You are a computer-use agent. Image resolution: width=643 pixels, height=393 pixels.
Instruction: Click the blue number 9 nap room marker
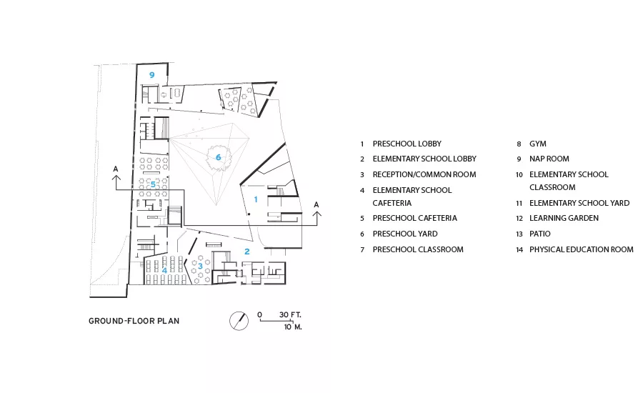[151, 75]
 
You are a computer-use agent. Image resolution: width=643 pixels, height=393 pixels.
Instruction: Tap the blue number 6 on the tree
[218, 157]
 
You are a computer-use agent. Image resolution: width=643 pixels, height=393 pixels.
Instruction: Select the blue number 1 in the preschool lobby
[256, 199]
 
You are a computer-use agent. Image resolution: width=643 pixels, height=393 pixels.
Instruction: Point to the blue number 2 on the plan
[247, 252]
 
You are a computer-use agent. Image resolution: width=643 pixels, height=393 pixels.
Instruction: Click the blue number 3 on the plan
[200, 266]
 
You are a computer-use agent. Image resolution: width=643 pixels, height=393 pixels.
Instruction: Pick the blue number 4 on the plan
[164, 270]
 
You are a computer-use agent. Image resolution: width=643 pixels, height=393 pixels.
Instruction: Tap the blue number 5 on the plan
[153, 184]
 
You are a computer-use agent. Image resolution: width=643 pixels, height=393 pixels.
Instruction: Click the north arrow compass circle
[239, 321]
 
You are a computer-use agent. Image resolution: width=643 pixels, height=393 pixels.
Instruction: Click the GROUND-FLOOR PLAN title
[134, 322]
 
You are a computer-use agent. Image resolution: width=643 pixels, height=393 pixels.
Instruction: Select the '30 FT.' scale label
[290, 314]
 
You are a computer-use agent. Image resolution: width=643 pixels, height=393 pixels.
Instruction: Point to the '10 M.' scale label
[293, 327]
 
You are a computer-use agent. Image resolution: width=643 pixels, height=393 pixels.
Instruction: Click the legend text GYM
[537, 144]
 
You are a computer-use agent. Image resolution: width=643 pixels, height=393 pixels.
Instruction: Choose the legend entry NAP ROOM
[549, 159]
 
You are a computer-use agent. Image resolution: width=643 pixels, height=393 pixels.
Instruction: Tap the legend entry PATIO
[539, 234]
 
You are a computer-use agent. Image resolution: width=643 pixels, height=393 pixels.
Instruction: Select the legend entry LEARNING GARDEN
[564, 218]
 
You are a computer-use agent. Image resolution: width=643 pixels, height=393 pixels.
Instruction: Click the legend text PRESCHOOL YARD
[405, 234]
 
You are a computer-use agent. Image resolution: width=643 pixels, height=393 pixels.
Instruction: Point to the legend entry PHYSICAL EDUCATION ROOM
[582, 249]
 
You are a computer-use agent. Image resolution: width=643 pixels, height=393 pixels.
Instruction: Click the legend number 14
[519, 250]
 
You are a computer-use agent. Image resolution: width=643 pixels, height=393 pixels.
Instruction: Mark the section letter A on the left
[116, 169]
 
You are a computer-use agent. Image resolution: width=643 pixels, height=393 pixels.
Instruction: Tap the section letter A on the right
[316, 204]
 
